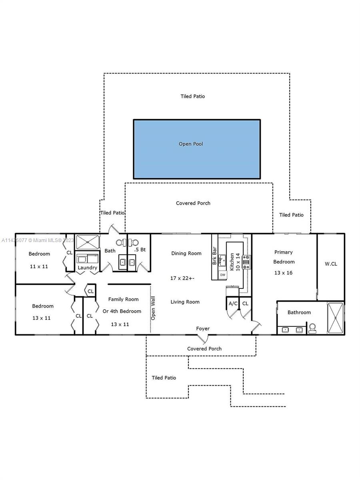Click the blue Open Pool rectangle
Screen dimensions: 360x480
(x=197, y=149)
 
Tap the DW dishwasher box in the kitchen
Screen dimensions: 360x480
(x=222, y=275)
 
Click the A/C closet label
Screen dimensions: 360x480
(x=233, y=304)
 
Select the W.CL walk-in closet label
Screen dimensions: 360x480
(x=331, y=264)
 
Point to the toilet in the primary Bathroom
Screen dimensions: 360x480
(x=312, y=328)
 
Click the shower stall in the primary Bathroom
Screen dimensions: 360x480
(x=336, y=318)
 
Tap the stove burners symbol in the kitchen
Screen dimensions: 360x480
(x=246, y=262)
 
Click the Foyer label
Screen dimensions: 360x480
(x=203, y=328)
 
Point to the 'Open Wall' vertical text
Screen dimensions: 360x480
(x=153, y=308)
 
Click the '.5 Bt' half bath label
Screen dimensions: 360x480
(x=140, y=250)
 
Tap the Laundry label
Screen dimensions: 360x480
(x=88, y=268)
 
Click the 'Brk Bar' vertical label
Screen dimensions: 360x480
(x=214, y=256)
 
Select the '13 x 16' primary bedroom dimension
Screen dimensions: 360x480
(x=283, y=273)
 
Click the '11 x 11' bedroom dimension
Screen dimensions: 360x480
(x=39, y=266)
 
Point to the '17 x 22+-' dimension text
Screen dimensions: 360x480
(x=182, y=278)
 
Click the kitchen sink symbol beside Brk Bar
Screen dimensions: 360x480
(x=222, y=260)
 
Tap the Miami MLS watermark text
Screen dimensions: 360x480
(x=38, y=240)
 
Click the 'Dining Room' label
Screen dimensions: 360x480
(x=186, y=253)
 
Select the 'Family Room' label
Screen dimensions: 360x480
(x=123, y=299)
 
